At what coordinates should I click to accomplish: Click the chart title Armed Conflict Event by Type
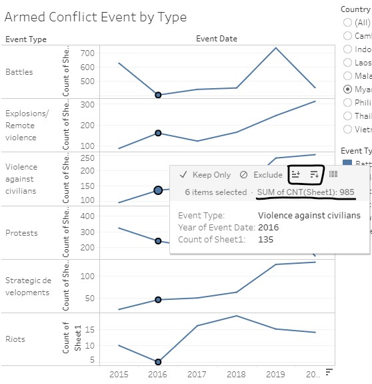tap(95, 17)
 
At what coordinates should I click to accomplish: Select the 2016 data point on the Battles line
tap(158, 95)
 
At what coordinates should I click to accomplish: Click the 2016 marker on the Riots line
tap(158, 361)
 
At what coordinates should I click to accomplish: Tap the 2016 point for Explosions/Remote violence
tap(158, 133)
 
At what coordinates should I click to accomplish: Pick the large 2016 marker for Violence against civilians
tap(158, 190)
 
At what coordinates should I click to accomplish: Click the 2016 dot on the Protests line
tap(158, 240)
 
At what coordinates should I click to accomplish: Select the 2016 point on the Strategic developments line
tap(158, 300)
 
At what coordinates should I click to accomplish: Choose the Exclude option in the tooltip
tap(261, 175)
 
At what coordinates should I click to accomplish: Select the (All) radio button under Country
tap(347, 22)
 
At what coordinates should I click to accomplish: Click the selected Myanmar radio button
tap(347, 89)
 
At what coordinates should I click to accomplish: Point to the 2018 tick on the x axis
tap(237, 373)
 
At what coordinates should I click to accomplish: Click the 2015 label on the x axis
tap(119, 373)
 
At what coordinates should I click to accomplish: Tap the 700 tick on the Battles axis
tap(87, 53)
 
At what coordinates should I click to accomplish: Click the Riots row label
tap(15, 339)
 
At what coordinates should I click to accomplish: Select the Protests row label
tap(21, 233)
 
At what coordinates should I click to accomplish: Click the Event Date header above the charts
tap(216, 39)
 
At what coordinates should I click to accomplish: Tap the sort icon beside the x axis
tap(328, 371)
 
